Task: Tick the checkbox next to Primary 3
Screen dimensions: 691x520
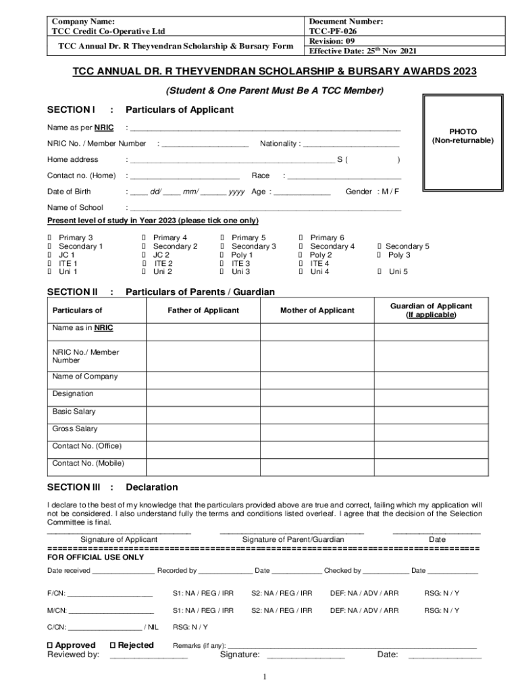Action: (x=49, y=238)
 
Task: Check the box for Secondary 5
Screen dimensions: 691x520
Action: (x=379, y=247)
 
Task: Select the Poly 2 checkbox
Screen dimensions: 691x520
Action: (x=301, y=255)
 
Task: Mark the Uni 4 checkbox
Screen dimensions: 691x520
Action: (x=301, y=272)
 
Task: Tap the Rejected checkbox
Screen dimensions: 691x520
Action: (x=113, y=645)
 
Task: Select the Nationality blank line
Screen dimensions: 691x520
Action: (x=351, y=144)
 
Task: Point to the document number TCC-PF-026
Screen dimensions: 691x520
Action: (x=333, y=31)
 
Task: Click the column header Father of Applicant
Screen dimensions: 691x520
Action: (x=203, y=310)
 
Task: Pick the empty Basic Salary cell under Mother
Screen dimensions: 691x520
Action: (x=317, y=412)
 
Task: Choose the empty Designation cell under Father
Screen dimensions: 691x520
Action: (x=203, y=394)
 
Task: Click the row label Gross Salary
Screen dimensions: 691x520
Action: (x=75, y=429)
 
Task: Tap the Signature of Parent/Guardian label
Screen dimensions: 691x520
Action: (x=293, y=540)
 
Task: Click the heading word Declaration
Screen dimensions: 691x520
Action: (x=152, y=487)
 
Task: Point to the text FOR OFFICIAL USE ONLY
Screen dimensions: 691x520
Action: (x=95, y=558)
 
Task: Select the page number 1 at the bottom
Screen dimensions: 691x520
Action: (x=265, y=677)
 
